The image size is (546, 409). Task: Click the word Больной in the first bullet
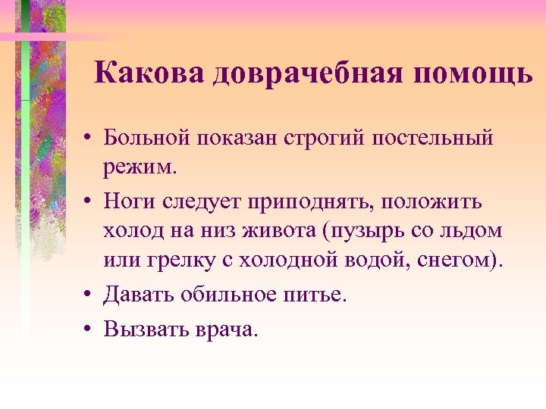pyautogui.click(x=148, y=139)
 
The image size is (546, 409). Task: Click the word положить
pyautogui.click(x=437, y=204)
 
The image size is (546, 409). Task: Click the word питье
pyautogui.click(x=316, y=295)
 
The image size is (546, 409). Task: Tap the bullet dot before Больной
pyautogui.click(x=89, y=139)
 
